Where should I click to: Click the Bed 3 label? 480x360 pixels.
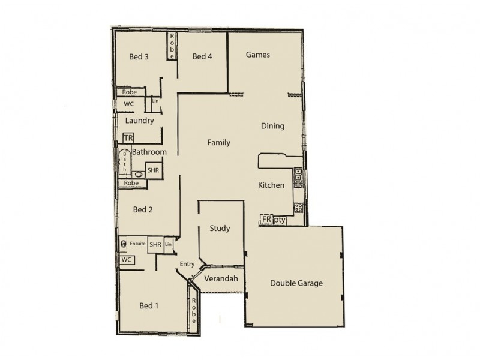click(x=139, y=57)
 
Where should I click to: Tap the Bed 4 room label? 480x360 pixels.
click(x=202, y=57)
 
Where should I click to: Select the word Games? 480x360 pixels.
click(x=258, y=55)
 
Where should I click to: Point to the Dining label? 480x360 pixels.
click(x=272, y=126)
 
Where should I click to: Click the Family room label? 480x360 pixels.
click(x=218, y=142)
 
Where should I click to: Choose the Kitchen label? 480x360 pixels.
click(x=271, y=185)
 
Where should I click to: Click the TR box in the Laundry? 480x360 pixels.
click(x=128, y=138)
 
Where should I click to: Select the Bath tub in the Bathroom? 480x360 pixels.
click(x=124, y=161)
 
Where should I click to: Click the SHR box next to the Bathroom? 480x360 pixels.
click(x=153, y=171)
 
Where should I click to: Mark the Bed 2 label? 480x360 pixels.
click(x=143, y=209)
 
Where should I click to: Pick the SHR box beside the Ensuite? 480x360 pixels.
click(x=155, y=245)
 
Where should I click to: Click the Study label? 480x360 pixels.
click(x=220, y=229)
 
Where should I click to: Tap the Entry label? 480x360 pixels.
click(x=187, y=264)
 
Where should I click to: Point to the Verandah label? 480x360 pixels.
click(x=221, y=279)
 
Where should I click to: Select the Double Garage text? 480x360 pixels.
click(x=296, y=283)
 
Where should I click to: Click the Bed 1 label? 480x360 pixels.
click(x=149, y=305)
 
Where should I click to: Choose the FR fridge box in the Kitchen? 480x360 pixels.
click(x=266, y=220)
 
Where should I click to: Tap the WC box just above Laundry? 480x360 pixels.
click(x=128, y=104)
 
